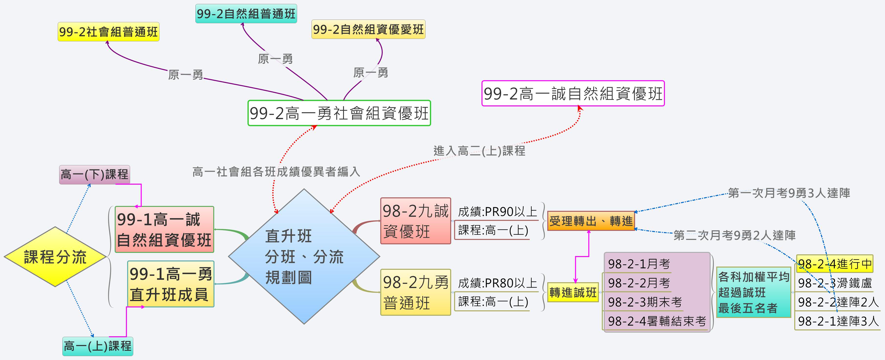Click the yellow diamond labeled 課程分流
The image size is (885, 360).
(x=55, y=257)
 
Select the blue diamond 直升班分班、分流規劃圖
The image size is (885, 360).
(x=304, y=256)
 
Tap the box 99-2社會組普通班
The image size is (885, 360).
(x=108, y=32)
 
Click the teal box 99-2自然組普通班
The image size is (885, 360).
(x=246, y=14)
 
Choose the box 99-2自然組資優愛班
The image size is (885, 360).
(x=368, y=29)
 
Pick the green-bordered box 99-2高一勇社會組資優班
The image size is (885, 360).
(x=339, y=113)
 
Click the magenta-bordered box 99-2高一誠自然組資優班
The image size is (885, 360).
(x=573, y=93)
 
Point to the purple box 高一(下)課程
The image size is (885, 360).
(x=94, y=175)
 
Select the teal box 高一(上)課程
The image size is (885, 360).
(x=98, y=346)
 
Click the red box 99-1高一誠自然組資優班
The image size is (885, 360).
(x=164, y=229)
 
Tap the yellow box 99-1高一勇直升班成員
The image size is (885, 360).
(x=170, y=284)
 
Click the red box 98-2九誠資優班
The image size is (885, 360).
(x=415, y=221)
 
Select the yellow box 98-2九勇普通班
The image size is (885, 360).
(x=415, y=292)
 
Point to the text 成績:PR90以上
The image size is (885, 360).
(x=497, y=212)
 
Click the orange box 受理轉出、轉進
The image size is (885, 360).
(x=591, y=221)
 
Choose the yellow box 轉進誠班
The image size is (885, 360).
(x=573, y=292)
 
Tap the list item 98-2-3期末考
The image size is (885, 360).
(x=645, y=302)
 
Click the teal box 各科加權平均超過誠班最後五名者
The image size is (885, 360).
(x=753, y=292)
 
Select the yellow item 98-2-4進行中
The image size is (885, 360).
(x=834, y=264)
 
